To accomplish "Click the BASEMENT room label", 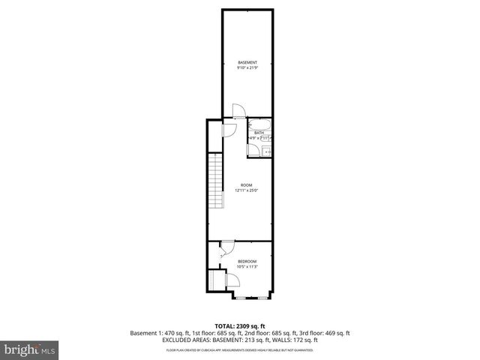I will (x=247, y=61).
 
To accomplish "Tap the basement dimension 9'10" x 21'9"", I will (x=247, y=68).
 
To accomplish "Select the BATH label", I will (x=258, y=133).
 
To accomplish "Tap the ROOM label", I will (x=246, y=184).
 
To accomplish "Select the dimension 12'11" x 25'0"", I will (x=246, y=190).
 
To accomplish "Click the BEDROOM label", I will (x=247, y=261).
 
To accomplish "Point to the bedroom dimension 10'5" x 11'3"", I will (x=247, y=267).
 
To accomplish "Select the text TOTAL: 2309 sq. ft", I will (x=240, y=326).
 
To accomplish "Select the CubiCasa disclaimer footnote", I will (x=240, y=349).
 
